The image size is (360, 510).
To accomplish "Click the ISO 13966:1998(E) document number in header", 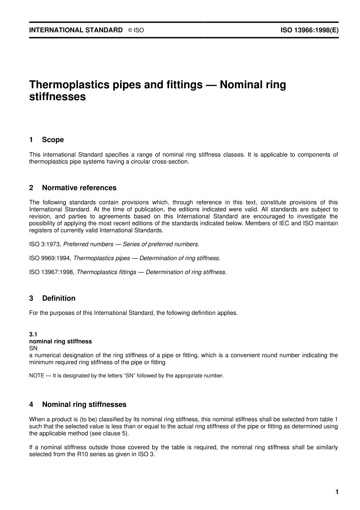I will coord(309,30).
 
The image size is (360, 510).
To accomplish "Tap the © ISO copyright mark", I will coord(136,30).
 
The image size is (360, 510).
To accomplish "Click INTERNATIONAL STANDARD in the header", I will coord(76,30).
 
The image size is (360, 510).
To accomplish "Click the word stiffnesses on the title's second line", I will coord(58,97).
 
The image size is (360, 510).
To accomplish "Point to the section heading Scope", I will coord(53,140).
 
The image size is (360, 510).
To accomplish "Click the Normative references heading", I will coord(79,188).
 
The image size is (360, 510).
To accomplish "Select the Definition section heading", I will coord(59,298).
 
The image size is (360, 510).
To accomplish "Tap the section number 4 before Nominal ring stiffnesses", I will coord(31,405).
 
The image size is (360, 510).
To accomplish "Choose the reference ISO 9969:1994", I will coord(50,258).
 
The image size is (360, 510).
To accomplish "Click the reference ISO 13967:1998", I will coord(52,272).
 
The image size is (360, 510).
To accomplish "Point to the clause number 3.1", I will coord(33,334).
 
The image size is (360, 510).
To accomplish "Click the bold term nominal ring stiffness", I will coord(61,341).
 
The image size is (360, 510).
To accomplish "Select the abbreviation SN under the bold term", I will coord(33,348).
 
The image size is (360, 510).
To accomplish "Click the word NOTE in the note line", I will coord(36,376).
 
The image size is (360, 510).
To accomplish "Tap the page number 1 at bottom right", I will coord(337,492).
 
